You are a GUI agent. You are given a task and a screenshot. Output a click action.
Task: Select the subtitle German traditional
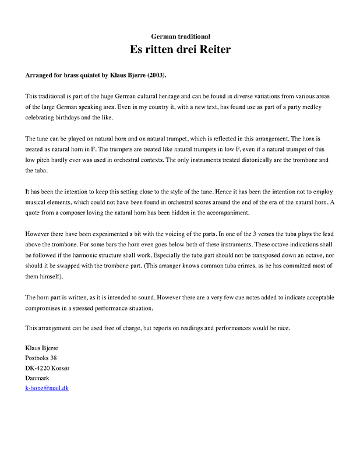tap(180, 37)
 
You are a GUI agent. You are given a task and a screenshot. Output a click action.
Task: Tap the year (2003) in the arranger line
tap(155, 76)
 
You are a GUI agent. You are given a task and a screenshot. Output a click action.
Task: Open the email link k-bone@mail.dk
tap(47, 388)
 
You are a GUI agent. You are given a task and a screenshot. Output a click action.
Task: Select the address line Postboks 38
tap(41, 357)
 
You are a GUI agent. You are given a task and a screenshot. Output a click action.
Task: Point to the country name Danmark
tap(38, 378)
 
